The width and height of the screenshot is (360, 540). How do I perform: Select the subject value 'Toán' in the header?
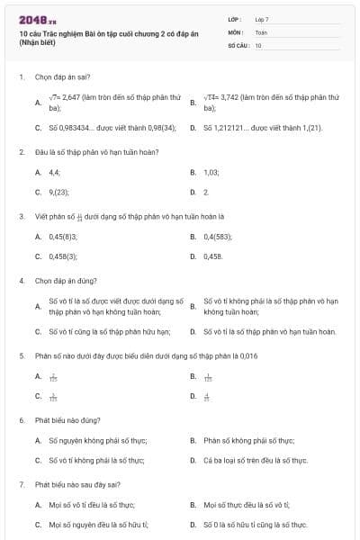[x=261, y=31]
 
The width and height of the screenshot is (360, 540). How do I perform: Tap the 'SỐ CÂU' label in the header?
[x=238, y=44]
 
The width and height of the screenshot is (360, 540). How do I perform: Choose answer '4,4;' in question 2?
[x=55, y=171]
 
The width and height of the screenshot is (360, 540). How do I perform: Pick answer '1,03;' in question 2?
[x=212, y=171]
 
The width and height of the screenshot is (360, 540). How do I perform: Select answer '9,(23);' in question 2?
[x=59, y=192]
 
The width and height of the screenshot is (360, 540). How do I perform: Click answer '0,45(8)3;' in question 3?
[x=63, y=236]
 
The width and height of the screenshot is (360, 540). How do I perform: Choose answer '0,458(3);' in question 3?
[x=63, y=256]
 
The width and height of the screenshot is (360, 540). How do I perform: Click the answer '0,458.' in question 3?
[x=213, y=256]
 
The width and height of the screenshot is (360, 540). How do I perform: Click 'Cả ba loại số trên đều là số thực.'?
[x=256, y=460]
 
